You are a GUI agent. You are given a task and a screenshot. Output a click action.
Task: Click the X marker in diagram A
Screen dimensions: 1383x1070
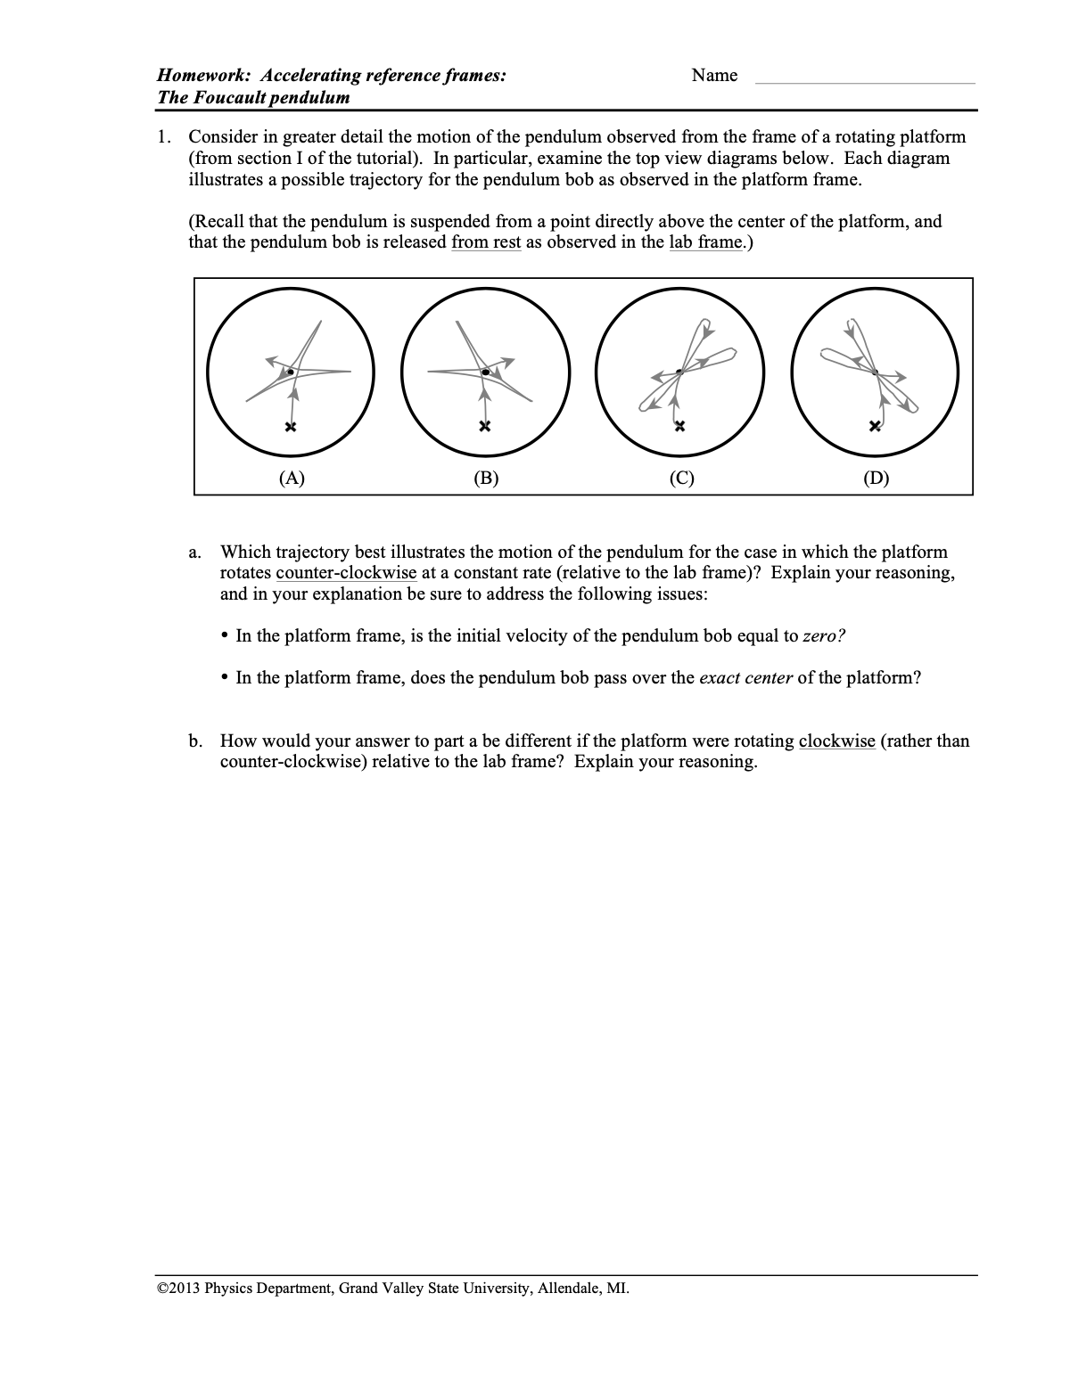tap(291, 427)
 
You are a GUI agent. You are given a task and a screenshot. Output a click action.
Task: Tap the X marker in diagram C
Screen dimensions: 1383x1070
tap(679, 425)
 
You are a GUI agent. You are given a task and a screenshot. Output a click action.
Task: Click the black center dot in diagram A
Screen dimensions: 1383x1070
tap(290, 372)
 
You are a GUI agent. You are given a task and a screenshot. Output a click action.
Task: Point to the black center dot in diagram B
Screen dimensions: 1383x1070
tap(485, 372)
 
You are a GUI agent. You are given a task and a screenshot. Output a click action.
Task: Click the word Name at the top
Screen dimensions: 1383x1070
tap(714, 76)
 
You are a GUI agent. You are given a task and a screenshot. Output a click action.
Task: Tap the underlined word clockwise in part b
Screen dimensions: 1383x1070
tap(836, 741)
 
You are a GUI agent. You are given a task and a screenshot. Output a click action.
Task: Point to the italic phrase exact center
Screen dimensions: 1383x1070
tap(745, 678)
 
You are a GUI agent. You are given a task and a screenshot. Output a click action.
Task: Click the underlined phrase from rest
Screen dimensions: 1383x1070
tap(486, 242)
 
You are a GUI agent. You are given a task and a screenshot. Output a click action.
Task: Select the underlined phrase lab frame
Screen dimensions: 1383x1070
tap(704, 242)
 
